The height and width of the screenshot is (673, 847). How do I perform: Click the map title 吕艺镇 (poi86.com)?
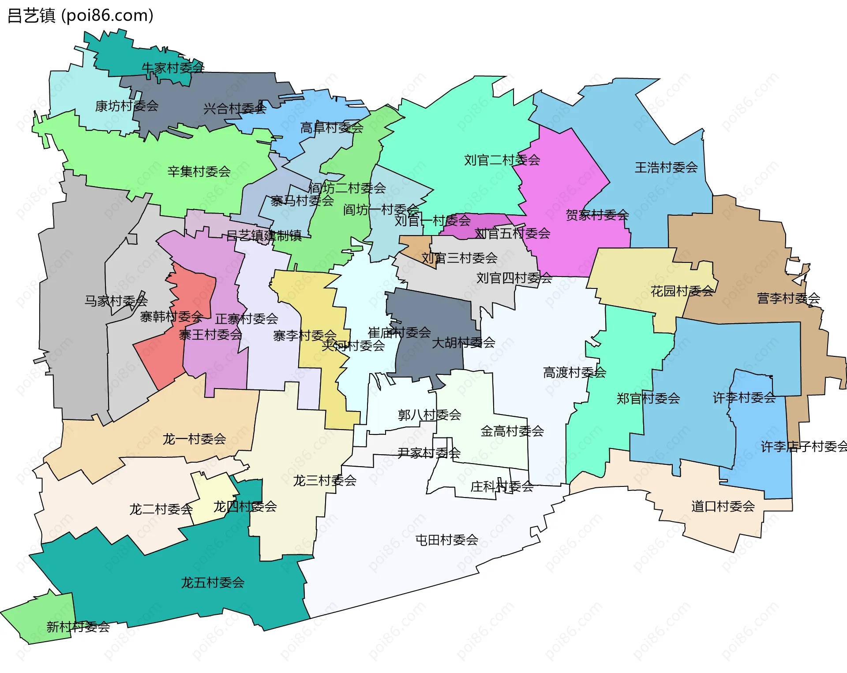pos(80,16)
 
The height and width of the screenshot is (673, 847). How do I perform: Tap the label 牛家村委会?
pos(172,68)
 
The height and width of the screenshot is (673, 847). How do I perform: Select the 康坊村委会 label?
pos(127,106)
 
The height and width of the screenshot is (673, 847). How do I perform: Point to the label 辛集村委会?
pos(199,172)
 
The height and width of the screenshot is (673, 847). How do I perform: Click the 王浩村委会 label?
pos(666,168)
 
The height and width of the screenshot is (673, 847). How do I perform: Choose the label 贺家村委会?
pos(597,215)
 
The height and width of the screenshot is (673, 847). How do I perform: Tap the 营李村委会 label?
pos(788,299)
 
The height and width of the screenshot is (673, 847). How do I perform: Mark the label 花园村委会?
pos(682,291)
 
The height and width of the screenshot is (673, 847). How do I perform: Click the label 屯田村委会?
pos(447,540)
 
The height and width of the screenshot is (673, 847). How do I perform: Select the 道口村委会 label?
pos(723,506)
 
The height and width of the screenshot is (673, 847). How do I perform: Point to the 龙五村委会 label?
pos(213,583)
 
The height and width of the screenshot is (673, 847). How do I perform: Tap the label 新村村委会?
pos(78,627)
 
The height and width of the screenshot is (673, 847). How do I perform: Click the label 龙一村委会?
pos(194,439)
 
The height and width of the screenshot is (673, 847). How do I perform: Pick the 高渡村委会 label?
pos(574,373)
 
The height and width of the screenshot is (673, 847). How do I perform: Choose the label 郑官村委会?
pos(648,399)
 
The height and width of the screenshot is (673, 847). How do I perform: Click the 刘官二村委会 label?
pos(502,160)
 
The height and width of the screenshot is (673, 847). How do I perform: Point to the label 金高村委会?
pos(512,431)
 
